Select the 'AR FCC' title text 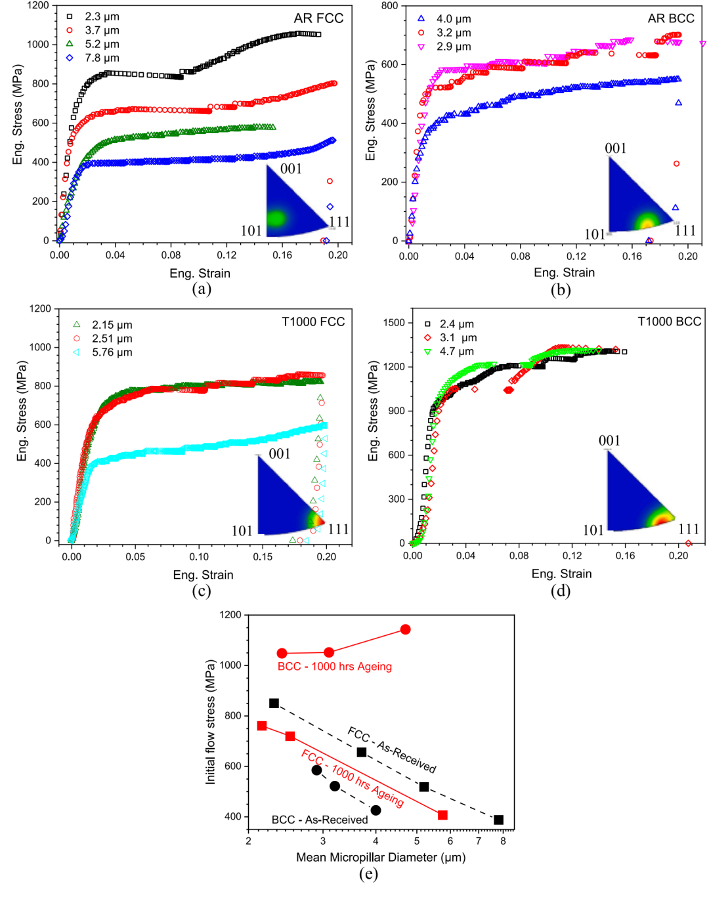pos(318,18)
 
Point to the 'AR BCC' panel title pos(670,18)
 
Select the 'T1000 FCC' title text pos(313,322)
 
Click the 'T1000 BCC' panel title pos(669,322)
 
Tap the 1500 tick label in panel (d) pos(394,323)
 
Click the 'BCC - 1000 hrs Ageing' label pos(334,667)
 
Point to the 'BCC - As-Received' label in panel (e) pos(320,820)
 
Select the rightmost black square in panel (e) pos(499,820)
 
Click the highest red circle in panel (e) pos(405,630)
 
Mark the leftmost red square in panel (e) pos(262,726)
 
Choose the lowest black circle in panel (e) pos(376,810)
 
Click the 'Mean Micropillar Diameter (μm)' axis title pos(381,857)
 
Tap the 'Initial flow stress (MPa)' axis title pos(211,722)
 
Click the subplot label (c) pos(202,591)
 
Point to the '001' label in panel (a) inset pos(291,169)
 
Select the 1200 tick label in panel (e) pos(230,615)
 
